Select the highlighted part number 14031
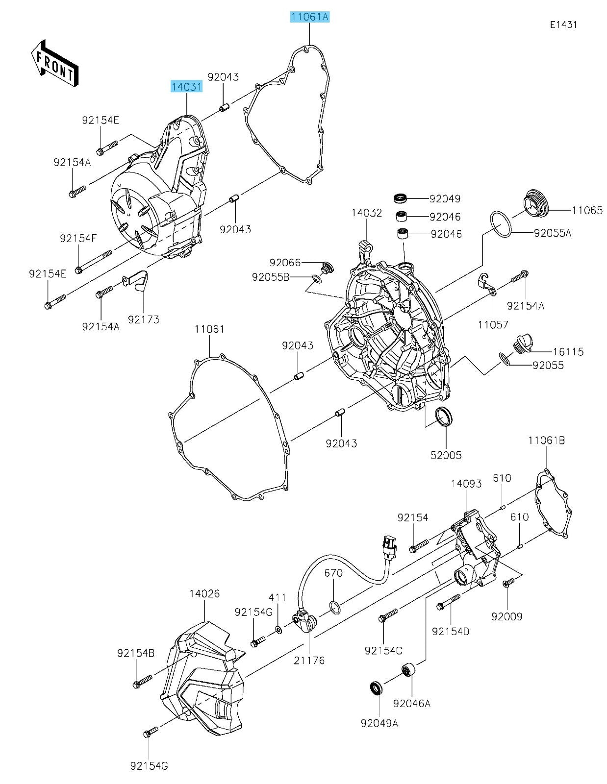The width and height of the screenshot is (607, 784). (x=186, y=87)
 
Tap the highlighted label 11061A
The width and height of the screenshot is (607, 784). (x=310, y=17)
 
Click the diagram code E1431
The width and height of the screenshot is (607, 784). (x=563, y=24)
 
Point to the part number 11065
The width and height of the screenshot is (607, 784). (x=587, y=211)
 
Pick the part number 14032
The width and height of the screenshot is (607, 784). (x=366, y=213)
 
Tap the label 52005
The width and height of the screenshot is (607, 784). (x=446, y=455)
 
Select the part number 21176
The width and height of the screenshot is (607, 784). (x=309, y=660)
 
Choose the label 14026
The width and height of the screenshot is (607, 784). (x=204, y=594)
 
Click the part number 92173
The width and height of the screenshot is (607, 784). (x=144, y=319)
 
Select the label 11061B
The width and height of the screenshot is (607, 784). (x=546, y=441)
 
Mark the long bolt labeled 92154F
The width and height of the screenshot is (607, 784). (x=94, y=261)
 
